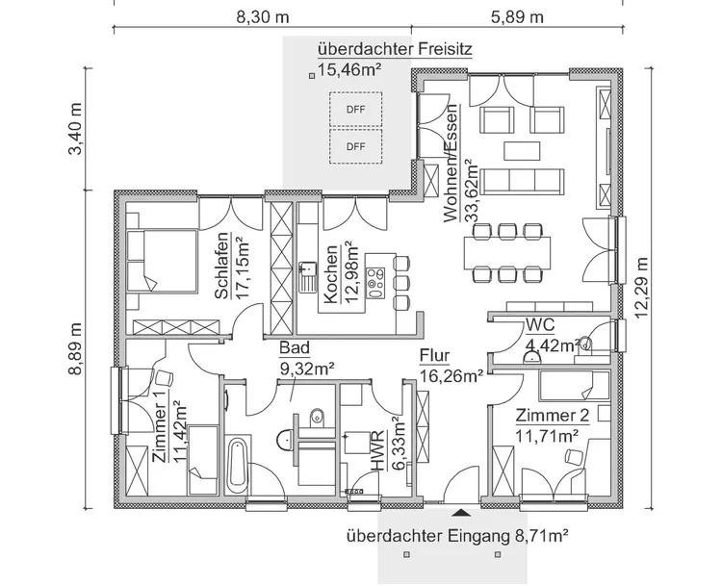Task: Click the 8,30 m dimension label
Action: click(263, 17)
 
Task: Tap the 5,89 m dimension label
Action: click(517, 17)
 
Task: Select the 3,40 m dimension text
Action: click(74, 128)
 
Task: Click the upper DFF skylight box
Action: click(355, 110)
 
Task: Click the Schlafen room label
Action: click(222, 266)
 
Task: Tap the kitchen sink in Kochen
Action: click(307, 277)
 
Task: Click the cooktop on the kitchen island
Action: click(375, 283)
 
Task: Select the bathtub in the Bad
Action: click(237, 464)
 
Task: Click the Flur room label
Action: click(434, 356)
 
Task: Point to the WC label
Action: click(540, 325)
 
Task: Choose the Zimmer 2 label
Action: click(553, 416)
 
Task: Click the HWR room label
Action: click(377, 451)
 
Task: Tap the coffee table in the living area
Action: click(522, 151)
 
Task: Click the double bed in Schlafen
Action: click(162, 261)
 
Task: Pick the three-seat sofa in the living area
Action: click(522, 182)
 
